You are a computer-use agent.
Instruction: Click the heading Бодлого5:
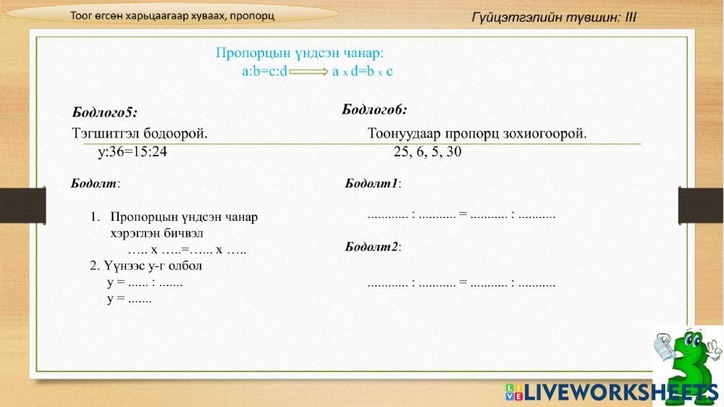105,112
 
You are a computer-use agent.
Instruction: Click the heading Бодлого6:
374,110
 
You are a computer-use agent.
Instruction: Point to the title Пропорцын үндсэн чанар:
300,53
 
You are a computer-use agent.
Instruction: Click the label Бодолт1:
373,184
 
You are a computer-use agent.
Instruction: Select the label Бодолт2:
373,247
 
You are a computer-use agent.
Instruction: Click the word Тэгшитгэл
101,134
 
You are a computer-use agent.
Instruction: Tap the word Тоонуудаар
405,134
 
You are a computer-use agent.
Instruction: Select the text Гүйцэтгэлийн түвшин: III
554,17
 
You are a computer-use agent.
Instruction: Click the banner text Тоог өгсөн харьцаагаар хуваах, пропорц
172,16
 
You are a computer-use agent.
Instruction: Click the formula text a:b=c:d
265,72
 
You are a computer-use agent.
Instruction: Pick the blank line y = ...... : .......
145,282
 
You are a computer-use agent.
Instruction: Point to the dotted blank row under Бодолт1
461,215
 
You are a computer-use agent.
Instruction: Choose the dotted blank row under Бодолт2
461,284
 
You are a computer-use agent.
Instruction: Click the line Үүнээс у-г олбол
146,266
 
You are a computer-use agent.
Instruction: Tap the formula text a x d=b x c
363,72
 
